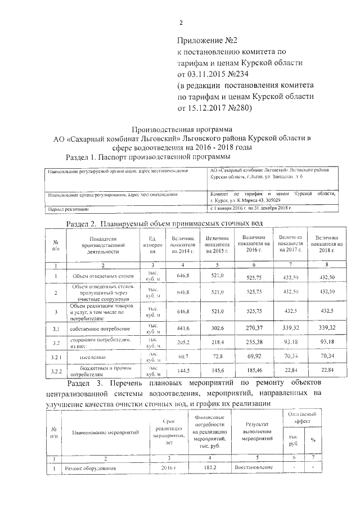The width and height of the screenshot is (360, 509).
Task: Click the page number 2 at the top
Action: [181, 23]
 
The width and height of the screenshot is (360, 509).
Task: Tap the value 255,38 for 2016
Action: [254, 343]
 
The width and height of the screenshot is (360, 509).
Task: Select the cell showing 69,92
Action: [254, 357]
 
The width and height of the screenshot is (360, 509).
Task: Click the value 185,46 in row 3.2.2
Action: [254, 371]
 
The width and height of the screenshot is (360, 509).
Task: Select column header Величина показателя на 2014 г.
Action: [183, 246]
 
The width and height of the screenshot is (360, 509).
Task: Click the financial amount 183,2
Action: [210, 467]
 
